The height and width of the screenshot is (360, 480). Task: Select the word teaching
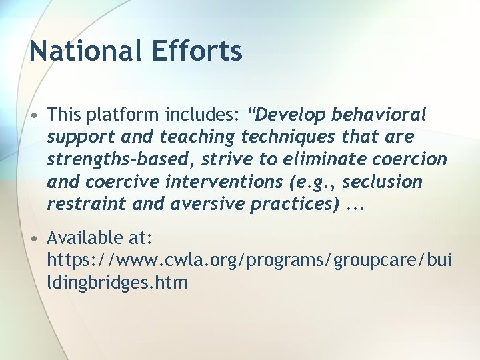tap(197, 137)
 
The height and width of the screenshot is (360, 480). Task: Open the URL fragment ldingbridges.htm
tap(117, 283)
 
